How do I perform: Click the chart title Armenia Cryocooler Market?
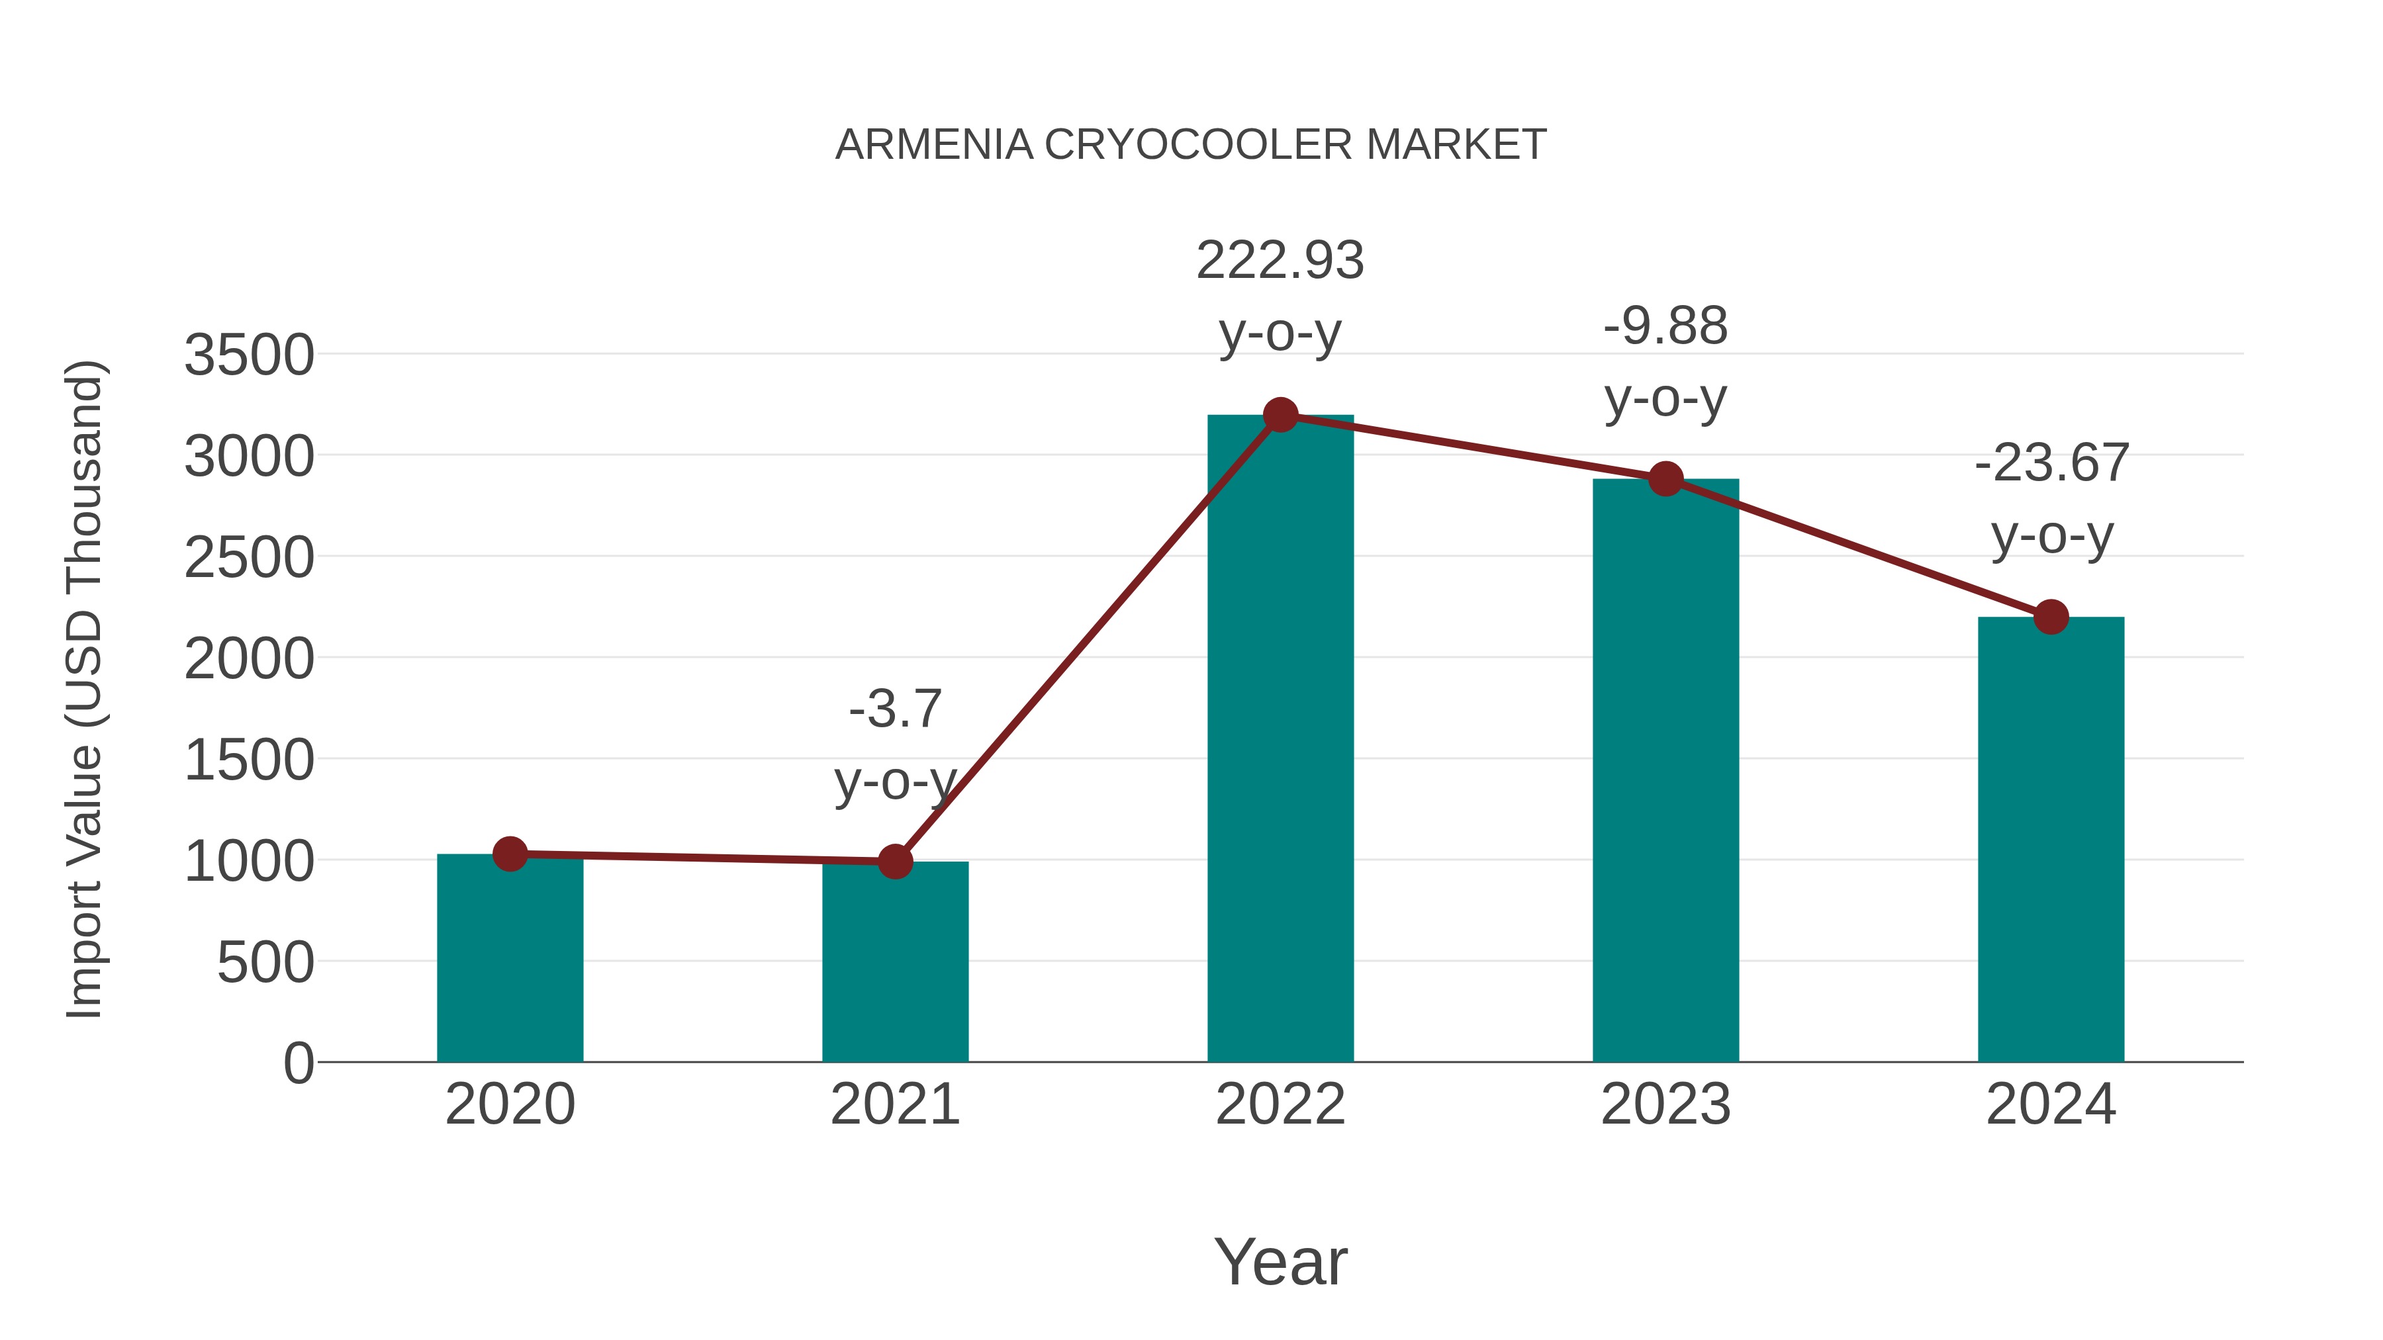coord(1191,145)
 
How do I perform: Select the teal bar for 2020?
coord(510,961)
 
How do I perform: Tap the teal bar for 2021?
coord(894,966)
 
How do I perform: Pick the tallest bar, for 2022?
coord(1280,740)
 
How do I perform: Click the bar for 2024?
coord(2051,842)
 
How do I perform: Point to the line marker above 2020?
coord(510,854)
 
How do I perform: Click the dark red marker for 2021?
coord(894,862)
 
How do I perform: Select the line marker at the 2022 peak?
coord(1280,415)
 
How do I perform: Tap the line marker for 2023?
coord(1665,479)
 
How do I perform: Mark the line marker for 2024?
coord(2051,617)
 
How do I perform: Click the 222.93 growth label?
coord(1280,261)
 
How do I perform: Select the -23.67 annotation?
coord(2051,463)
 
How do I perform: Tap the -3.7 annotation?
coord(894,709)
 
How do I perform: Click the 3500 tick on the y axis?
coord(249,355)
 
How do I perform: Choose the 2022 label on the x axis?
coord(1280,1104)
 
